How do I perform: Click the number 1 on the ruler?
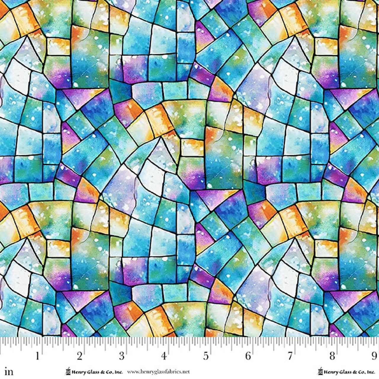tap(38, 356)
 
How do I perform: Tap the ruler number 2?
tap(80, 356)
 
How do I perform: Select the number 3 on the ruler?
tap(122, 356)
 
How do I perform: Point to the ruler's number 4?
tap(164, 356)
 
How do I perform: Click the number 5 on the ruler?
tap(206, 356)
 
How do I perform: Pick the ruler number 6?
tap(248, 356)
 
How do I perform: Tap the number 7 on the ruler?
tap(290, 356)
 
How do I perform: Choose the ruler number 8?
tap(332, 356)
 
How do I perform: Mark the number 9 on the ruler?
tap(374, 356)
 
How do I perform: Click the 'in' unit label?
tap(9, 371)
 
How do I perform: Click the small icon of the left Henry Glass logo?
tap(68, 371)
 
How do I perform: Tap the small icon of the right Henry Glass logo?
tap(320, 371)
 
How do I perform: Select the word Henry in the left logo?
tap(78, 372)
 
